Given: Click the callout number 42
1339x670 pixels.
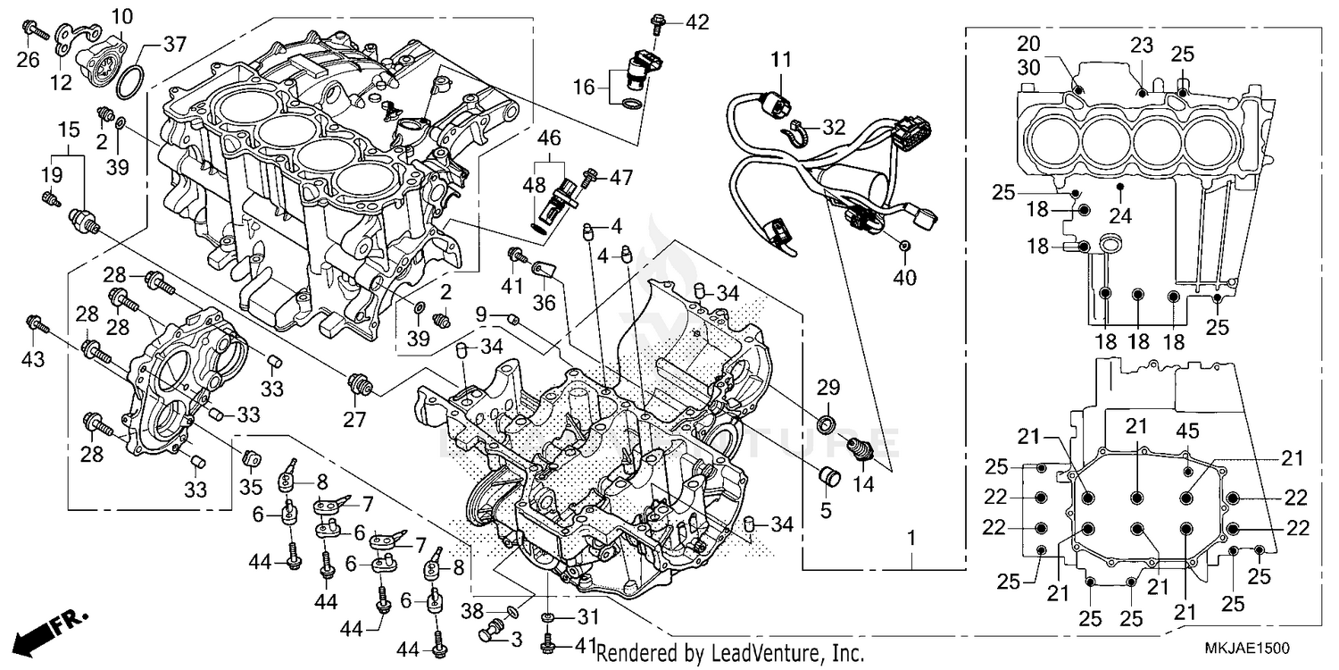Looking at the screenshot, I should tap(696, 22).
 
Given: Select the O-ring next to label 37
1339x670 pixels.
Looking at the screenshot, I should tap(129, 81).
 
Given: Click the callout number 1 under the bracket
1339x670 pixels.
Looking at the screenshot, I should tap(911, 539).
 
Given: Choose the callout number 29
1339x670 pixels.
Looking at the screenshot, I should tap(828, 387).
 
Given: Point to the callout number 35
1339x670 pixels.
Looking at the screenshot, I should tap(251, 487).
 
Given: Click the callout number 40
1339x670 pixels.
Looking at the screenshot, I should tap(904, 278).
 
